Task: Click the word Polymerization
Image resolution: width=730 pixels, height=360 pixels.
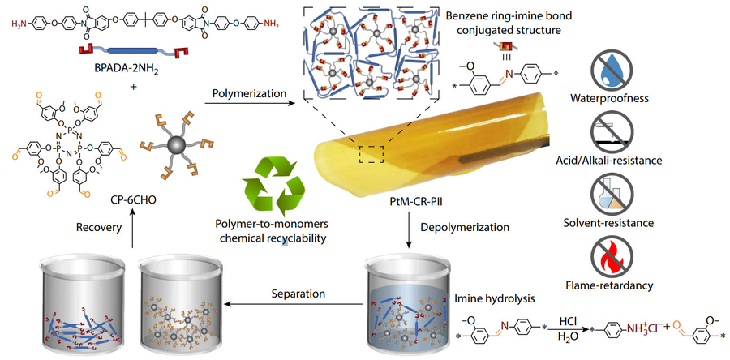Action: coord(247,93)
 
